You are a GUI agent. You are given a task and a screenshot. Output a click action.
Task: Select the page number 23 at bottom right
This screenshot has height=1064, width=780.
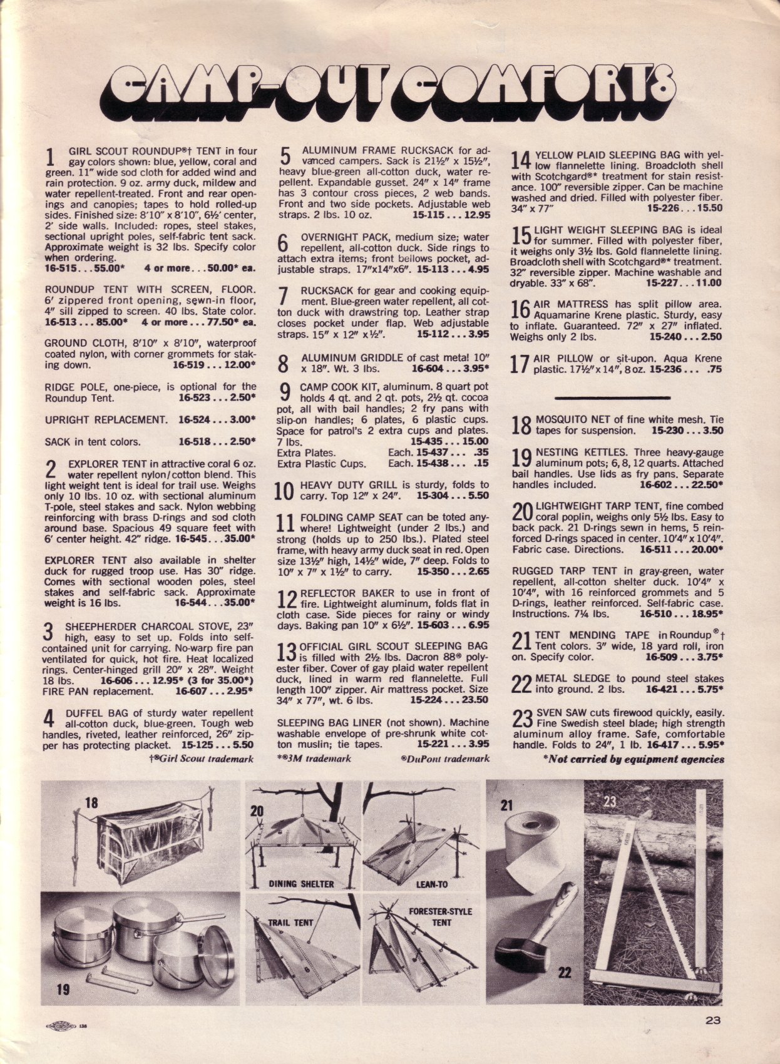pos(713,1020)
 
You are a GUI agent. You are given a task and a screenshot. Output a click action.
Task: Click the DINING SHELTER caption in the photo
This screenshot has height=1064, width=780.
pos(301,884)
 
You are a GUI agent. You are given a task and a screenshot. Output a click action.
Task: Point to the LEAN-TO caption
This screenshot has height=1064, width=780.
pos(432,884)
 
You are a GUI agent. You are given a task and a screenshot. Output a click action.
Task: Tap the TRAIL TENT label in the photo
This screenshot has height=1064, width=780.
pos(290,922)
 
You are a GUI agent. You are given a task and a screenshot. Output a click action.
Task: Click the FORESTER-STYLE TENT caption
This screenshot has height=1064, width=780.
pos(440,916)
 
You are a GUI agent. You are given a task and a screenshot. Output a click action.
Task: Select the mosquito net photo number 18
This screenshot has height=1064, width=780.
pos(91,802)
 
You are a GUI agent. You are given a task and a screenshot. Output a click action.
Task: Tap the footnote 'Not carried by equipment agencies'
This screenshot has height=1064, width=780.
pos(634,759)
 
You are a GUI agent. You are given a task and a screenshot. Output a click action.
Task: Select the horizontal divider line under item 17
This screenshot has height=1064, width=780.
pos(612,397)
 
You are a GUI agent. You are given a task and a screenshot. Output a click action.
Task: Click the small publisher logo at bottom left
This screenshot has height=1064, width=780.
pos(61,1025)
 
